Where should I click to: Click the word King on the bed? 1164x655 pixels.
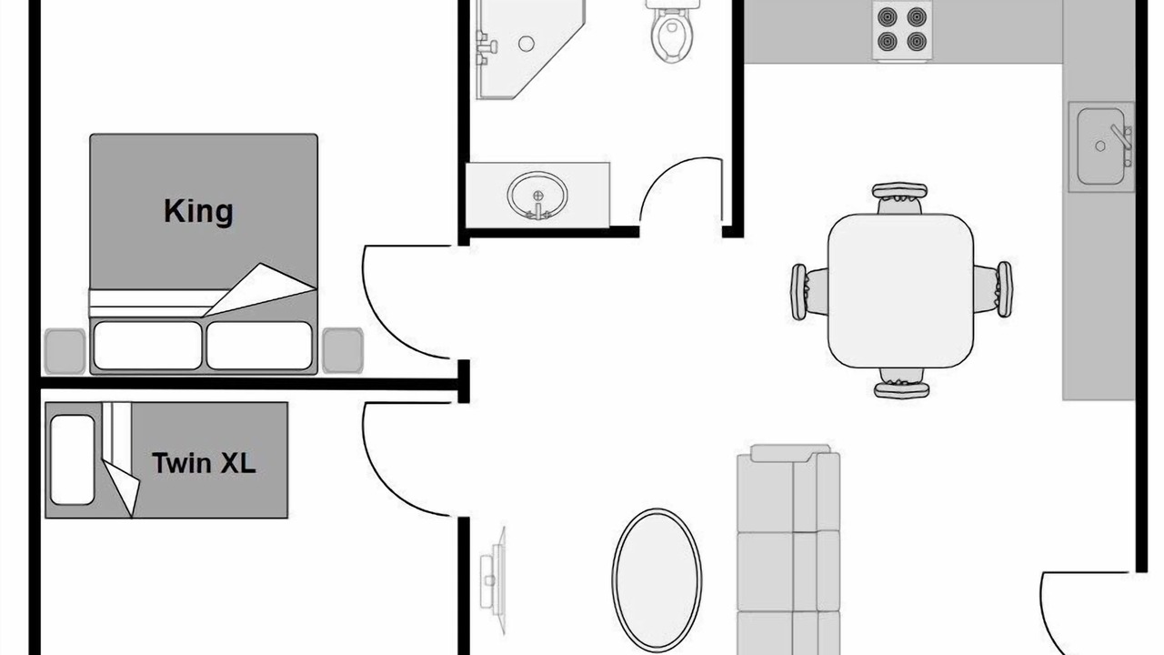pyautogui.click(x=198, y=212)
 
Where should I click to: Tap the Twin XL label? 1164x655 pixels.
pyautogui.click(x=204, y=463)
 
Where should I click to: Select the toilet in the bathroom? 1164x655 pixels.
pyautogui.click(x=672, y=30)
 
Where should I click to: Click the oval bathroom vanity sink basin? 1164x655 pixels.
pyautogui.click(x=537, y=196)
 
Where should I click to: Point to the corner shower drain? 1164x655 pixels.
pyautogui.click(x=527, y=44)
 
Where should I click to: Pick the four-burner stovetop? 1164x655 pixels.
pyautogui.click(x=902, y=30)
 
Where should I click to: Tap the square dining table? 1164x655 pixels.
pyautogui.click(x=900, y=290)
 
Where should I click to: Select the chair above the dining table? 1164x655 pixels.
pyautogui.click(x=899, y=198)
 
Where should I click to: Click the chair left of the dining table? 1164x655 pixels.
pyautogui.click(x=809, y=292)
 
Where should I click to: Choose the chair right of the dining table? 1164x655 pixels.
pyautogui.click(x=993, y=289)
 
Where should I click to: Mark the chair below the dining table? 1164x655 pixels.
pyautogui.click(x=901, y=383)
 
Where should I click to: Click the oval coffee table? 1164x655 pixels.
pyautogui.click(x=657, y=580)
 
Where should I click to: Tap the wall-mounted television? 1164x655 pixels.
pyautogui.click(x=493, y=580)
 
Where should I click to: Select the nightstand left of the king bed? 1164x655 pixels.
pyautogui.click(x=65, y=351)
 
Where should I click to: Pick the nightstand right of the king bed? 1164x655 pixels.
pyautogui.click(x=343, y=350)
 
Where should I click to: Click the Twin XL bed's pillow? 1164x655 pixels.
pyautogui.click(x=72, y=460)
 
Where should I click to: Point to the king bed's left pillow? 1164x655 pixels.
pyautogui.click(x=147, y=346)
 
